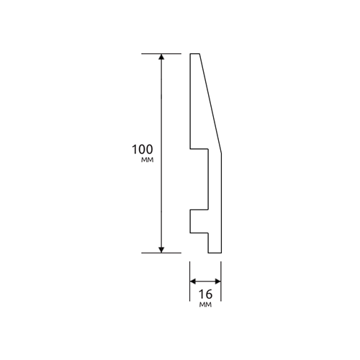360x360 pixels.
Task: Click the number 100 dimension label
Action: pos(143,149)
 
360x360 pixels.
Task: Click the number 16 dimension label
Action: pos(206,294)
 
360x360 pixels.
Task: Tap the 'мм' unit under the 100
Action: pos(147,160)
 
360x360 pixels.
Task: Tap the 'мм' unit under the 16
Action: pos(205,305)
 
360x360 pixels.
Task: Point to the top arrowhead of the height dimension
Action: pos(161,57)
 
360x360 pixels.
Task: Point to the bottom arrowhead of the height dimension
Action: pos(161,250)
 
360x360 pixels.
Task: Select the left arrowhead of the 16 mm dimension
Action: pos(193,282)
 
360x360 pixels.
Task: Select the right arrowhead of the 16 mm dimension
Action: pos(218,282)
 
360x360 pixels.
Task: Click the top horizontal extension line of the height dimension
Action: pos(161,53)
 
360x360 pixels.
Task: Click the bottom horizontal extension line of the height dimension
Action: pos(161,253)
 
